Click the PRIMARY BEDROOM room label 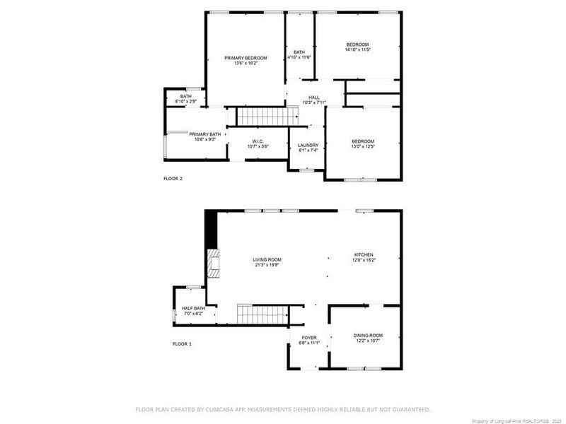pos(246,57)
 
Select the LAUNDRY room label pos(308,145)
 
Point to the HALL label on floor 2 pos(313,98)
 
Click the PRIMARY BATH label pos(204,134)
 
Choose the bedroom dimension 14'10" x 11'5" pos(357,50)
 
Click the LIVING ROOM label pos(267,260)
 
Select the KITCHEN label pos(364,254)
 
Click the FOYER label pos(309,338)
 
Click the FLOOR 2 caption pos(173,178)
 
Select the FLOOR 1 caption pos(182,343)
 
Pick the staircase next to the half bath pos(262,313)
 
